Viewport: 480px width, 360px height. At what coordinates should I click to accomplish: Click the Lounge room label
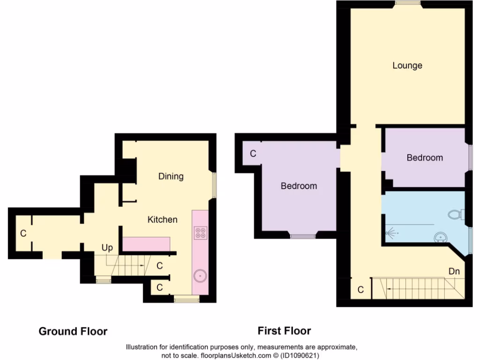click(x=407, y=66)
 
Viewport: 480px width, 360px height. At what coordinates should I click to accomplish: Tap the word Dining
click(x=171, y=177)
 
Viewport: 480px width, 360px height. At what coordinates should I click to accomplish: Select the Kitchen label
click(x=163, y=219)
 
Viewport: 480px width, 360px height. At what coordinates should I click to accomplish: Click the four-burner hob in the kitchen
click(x=201, y=233)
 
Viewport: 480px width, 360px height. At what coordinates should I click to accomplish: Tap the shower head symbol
click(x=390, y=232)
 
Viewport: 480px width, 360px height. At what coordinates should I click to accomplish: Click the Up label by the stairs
click(x=107, y=247)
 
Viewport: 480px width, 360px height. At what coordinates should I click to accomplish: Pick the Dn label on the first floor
click(x=453, y=271)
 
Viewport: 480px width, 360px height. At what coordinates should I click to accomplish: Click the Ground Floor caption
click(x=73, y=331)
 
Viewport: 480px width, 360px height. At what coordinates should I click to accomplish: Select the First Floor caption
click(x=284, y=331)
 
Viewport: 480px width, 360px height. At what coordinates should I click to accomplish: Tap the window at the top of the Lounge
click(x=407, y=4)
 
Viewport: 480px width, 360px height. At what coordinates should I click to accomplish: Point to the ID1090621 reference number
click(x=300, y=356)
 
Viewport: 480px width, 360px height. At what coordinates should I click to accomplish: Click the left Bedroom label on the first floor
click(x=299, y=186)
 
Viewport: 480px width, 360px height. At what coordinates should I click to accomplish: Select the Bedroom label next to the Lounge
click(x=424, y=158)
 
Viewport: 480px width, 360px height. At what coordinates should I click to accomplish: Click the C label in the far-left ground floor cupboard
click(x=22, y=233)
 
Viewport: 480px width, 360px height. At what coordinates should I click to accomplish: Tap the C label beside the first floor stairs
click(x=360, y=290)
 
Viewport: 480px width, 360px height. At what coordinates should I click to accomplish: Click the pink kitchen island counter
click(x=146, y=244)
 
